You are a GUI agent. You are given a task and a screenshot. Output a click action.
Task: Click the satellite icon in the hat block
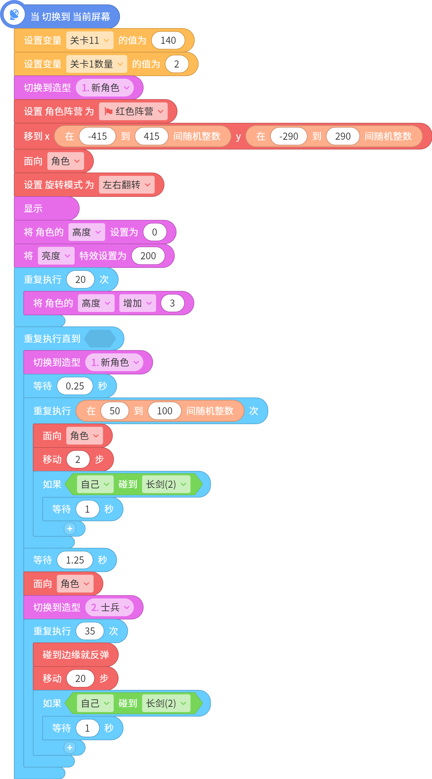pyautogui.click(x=14, y=14)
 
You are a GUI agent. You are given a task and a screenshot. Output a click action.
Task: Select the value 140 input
pyautogui.click(x=168, y=40)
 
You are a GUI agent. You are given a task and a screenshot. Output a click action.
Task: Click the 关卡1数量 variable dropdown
pyautogui.click(x=97, y=64)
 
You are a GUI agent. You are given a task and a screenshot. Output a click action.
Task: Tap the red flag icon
pyautogui.click(x=108, y=112)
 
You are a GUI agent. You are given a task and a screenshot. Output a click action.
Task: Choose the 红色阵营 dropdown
pyautogui.click(x=133, y=111)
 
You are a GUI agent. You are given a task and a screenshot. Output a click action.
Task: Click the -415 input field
pyautogui.click(x=97, y=136)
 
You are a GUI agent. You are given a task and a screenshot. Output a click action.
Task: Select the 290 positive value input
pyautogui.click(x=343, y=136)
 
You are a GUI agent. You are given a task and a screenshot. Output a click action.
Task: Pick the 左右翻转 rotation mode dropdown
pyautogui.click(x=126, y=185)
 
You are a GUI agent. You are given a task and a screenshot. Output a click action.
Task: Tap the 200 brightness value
pyautogui.click(x=148, y=256)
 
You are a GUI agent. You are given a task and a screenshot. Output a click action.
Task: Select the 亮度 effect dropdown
pyautogui.click(x=56, y=256)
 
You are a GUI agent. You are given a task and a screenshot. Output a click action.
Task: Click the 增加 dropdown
pyautogui.click(x=137, y=303)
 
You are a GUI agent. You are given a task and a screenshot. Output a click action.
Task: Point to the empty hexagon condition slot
pyautogui.click(x=100, y=338)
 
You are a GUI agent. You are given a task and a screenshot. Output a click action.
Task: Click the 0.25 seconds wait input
pyautogui.click(x=75, y=386)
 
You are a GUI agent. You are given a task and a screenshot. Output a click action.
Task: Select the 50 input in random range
pyautogui.click(x=115, y=411)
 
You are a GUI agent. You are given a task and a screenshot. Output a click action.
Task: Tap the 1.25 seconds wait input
pyautogui.click(x=75, y=560)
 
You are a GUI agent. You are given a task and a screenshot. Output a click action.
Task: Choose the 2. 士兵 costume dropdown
pyautogui.click(x=110, y=607)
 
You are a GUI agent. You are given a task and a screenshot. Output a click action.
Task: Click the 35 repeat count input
pyautogui.click(x=90, y=631)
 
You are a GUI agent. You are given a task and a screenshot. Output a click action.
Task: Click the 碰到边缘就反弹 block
pyautogui.click(x=76, y=654)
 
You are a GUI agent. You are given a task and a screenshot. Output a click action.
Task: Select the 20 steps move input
pyautogui.click(x=81, y=678)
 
